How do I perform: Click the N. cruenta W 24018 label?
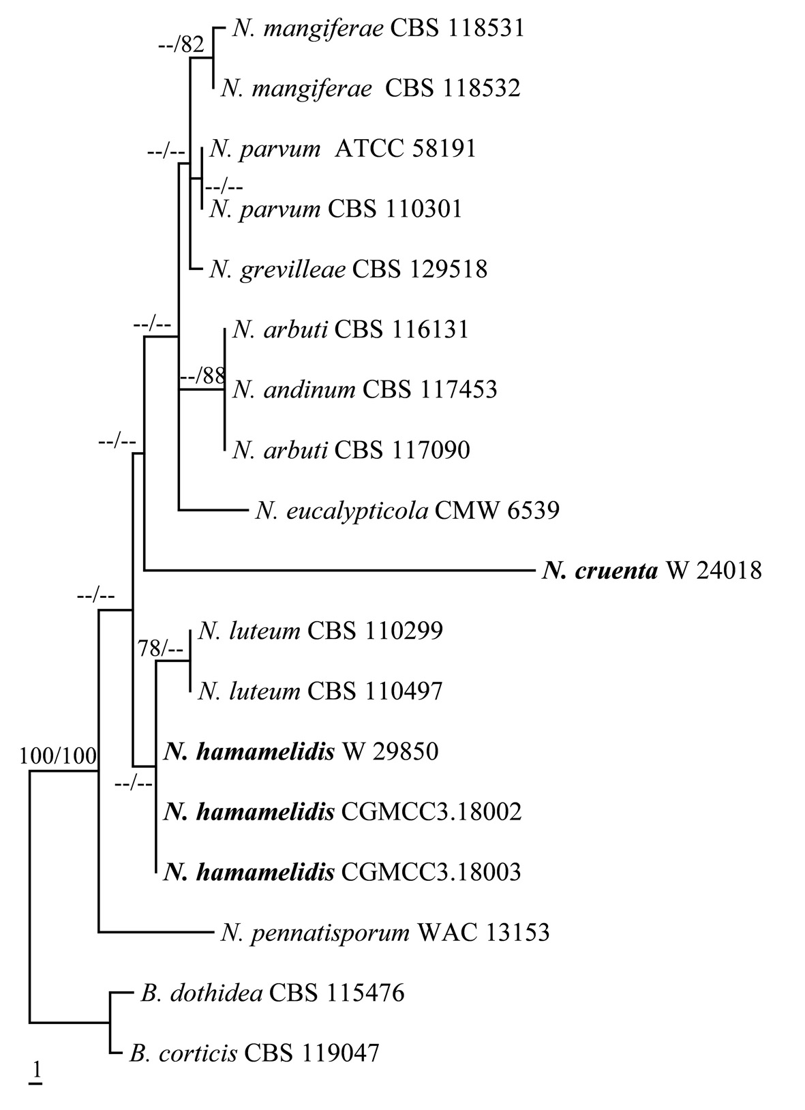[x=652, y=570]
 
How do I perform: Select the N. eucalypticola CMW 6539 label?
[x=408, y=510]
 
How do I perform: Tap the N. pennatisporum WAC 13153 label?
[x=385, y=931]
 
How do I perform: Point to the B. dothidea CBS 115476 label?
[x=273, y=993]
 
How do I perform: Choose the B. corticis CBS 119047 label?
[x=254, y=1053]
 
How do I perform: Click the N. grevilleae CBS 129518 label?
[x=348, y=269]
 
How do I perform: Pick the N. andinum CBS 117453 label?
[x=365, y=389]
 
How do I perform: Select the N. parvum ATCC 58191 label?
[x=343, y=149]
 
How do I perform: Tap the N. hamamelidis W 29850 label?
[x=301, y=751]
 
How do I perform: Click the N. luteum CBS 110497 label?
[x=320, y=691]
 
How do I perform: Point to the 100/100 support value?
[x=58, y=755]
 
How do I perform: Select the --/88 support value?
[x=202, y=376]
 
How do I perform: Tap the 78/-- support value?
[x=161, y=649]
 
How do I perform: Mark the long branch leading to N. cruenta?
[x=334, y=570]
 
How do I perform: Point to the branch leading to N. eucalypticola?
[x=211, y=510]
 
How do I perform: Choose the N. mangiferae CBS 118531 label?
[x=378, y=29]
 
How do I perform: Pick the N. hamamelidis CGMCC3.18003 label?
[x=342, y=871]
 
